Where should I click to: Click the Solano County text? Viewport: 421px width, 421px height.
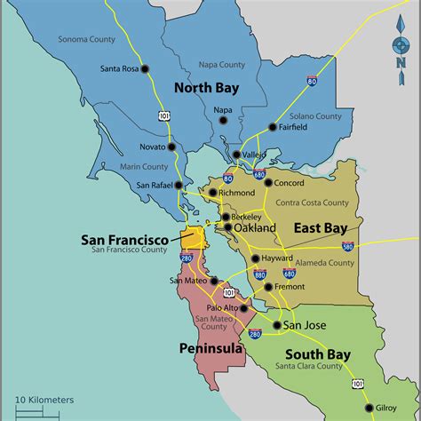314,115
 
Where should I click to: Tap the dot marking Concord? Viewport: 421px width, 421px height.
268,184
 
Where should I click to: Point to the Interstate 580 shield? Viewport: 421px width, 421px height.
347,245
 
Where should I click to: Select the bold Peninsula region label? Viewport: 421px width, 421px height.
211,348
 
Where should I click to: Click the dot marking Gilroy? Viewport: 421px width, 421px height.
369,409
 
